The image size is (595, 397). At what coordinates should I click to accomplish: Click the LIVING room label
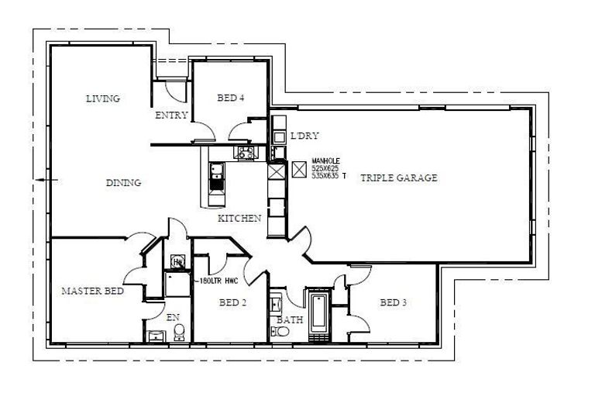click(x=102, y=98)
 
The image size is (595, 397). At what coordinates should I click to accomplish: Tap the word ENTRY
click(x=171, y=116)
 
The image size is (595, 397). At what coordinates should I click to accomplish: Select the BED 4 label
click(x=231, y=98)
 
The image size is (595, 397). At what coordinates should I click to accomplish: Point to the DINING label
click(x=123, y=183)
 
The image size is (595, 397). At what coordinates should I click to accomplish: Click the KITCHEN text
click(x=239, y=219)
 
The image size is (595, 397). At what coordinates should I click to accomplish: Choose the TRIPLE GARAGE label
click(x=399, y=178)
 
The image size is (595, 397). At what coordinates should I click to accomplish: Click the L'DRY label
click(x=301, y=136)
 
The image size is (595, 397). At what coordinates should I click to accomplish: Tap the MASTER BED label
click(x=92, y=291)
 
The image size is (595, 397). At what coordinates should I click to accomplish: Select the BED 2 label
click(x=232, y=302)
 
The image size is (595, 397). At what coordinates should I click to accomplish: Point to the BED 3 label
click(x=393, y=302)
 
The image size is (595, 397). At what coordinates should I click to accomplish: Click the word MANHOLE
click(x=326, y=161)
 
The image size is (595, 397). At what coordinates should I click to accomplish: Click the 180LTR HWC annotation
click(x=218, y=281)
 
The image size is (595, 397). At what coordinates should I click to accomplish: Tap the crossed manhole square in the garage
click(x=299, y=169)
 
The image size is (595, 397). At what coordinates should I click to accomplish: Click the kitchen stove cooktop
click(x=246, y=153)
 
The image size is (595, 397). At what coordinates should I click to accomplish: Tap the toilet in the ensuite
click(x=179, y=333)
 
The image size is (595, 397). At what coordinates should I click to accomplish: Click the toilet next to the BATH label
click(x=281, y=331)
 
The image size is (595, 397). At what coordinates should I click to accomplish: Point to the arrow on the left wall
click(x=44, y=180)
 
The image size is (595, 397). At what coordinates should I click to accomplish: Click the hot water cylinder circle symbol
click(x=177, y=262)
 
